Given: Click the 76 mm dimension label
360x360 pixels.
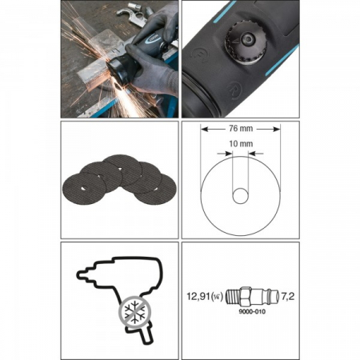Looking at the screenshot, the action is pos(241,129).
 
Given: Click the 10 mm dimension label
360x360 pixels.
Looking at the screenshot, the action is pos(241,144).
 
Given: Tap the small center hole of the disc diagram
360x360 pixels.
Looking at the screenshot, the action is pos(241,195).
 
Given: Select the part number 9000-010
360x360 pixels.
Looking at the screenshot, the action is pos(252,311).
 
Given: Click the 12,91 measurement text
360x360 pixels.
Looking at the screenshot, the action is pos(198,296).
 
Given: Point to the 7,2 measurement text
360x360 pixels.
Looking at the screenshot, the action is pos(288,296).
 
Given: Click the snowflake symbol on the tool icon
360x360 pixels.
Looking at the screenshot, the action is pos(135,310).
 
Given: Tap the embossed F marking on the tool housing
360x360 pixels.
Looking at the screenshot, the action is pos(200,54).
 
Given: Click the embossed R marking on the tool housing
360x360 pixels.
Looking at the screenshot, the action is pos(234,89).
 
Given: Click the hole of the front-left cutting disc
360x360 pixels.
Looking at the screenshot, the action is pos(83,189).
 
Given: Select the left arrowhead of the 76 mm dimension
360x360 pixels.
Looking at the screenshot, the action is pos(205,130).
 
